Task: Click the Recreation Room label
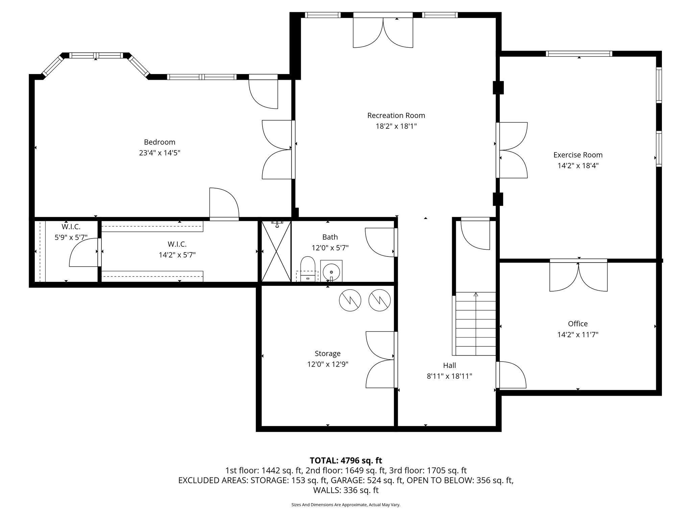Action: [x=396, y=116]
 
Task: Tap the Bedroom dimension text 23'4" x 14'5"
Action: [x=159, y=153]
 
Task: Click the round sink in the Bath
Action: [x=331, y=271]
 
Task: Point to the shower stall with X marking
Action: [x=276, y=251]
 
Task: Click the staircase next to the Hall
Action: [x=476, y=324]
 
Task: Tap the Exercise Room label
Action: [x=578, y=155]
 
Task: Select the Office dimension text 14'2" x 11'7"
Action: [x=578, y=335]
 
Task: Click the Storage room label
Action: [x=327, y=353]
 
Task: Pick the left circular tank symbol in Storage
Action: [x=350, y=300]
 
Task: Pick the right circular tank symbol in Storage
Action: [x=379, y=300]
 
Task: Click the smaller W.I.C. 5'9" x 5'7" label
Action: [x=71, y=238]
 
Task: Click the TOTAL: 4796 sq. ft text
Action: [x=346, y=460]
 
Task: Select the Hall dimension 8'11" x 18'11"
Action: [x=449, y=376]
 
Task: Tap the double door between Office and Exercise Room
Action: [x=578, y=275]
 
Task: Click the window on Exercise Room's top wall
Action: [x=579, y=54]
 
